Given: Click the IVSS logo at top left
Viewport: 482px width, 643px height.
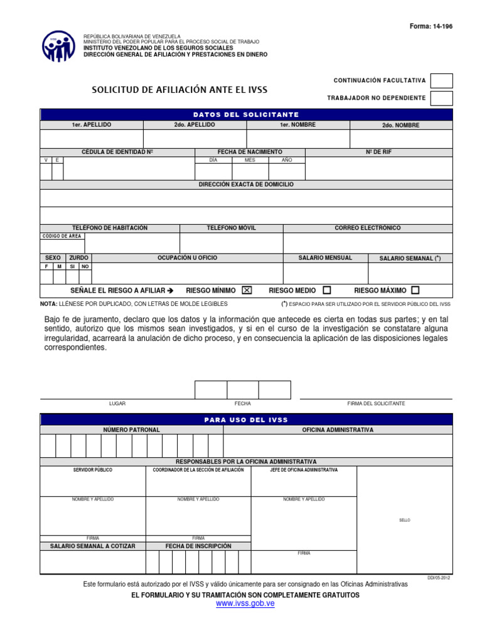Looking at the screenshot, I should pyautogui.click(x=59, y=46).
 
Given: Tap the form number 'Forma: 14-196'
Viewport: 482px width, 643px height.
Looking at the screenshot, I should pyautogui.click(x=431, y=26).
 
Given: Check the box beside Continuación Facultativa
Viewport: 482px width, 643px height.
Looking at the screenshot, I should pyautogui.click(x=442, y=81).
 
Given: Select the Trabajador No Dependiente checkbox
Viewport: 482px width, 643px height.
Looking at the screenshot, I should pyautogui.click(x=442, y=98).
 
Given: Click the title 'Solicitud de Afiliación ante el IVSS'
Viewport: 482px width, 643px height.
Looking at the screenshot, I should pyautogui.click(x=179, y=90).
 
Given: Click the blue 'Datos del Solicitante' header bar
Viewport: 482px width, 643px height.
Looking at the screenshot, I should pyautogui.click(x=246, y=115).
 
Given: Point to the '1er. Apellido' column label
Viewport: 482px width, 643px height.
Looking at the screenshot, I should pyautogui.click(x=92, y=125).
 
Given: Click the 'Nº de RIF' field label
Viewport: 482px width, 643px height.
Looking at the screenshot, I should pyautogui.click(x=378, y=152).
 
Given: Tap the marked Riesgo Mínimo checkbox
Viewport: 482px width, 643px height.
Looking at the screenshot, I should pyautogui.click(x=247, y=290).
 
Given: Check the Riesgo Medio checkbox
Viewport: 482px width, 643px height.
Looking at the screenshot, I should pyautogui.click(x=326, y=290).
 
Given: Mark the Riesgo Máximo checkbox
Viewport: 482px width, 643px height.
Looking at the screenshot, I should pyautogui.click(x=415, y=290).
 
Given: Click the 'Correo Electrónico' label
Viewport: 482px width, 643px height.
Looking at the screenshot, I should pyautogui.click(x=368, y=228).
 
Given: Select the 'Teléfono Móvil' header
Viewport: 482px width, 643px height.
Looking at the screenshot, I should pyautogui.click(x=232, y=228).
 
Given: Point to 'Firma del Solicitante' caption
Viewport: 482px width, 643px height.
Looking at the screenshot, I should pyautogui.click(x=376, y=403).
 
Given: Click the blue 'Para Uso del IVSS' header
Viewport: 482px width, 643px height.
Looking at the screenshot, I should pyautogui.click(x=246, y=419).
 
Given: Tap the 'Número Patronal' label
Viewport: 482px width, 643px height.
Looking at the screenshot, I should pyautogui.click(x=132, y=430).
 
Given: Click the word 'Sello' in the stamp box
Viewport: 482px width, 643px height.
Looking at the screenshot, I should pyautogui.click(x=404, y=520).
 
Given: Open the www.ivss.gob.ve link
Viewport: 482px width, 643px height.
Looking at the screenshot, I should pyautogui.click(x=245, y=603).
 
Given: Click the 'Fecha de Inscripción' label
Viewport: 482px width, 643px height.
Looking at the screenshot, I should pyautogui.click(x=198, y=546).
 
